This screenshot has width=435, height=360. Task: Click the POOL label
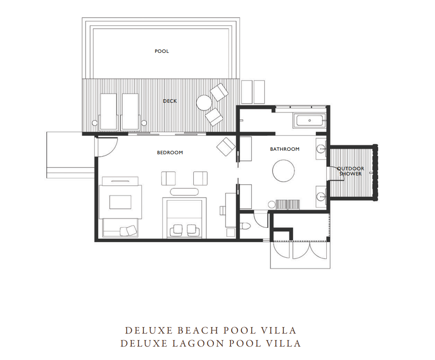[162, 51]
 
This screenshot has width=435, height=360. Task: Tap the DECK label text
[170, 101]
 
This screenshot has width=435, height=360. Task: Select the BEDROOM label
[170, 152]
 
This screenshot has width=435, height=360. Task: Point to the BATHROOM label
[285, 149]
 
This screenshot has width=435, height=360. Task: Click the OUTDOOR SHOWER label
[351, 171]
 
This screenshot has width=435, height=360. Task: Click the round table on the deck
[204, 103]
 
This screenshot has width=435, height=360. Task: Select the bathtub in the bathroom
[310, 120]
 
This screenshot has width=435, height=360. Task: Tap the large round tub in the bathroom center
[283, 171]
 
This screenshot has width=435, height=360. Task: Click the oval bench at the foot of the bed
[184, 192]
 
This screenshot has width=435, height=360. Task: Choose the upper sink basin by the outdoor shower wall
[321, 149]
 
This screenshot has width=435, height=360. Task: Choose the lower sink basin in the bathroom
[321, 197]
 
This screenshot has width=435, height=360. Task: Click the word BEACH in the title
[198, 330]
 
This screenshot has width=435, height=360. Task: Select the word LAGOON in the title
[198, 344]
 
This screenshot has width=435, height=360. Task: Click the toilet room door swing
[261, 219]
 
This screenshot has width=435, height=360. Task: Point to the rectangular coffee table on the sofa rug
[120, 202]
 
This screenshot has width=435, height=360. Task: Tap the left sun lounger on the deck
[108, 111]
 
